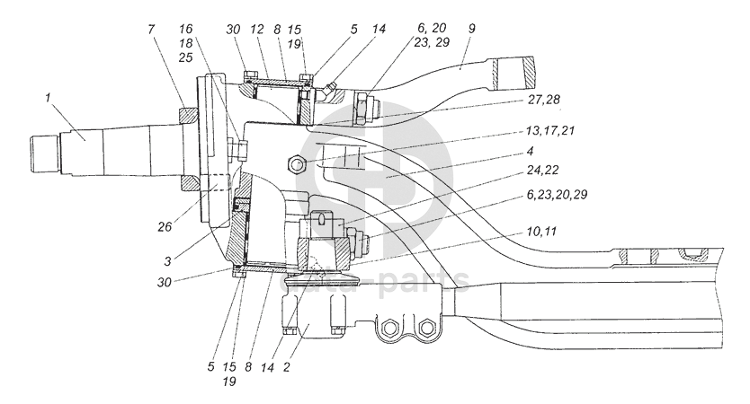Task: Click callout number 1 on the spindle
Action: (48, 98)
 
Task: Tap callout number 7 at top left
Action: (151, 29)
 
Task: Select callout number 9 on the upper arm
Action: (471, 28)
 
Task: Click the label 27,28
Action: (544, 100)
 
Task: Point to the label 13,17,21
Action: (550, 130)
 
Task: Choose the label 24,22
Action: (542, 170)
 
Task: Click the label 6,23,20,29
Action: (557, 194)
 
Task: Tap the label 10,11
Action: (541, 232)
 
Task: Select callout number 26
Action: (165, 226)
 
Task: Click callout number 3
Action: (167, 261)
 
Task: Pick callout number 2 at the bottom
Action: (286, 367)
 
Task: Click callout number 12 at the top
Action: (257, 29)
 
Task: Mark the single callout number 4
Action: (530, 151)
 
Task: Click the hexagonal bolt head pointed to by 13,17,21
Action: (297, 165)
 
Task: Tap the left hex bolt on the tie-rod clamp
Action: (392, 328)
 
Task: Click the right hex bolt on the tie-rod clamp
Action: (424, 328)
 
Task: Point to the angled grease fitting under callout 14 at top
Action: (328, 90)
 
